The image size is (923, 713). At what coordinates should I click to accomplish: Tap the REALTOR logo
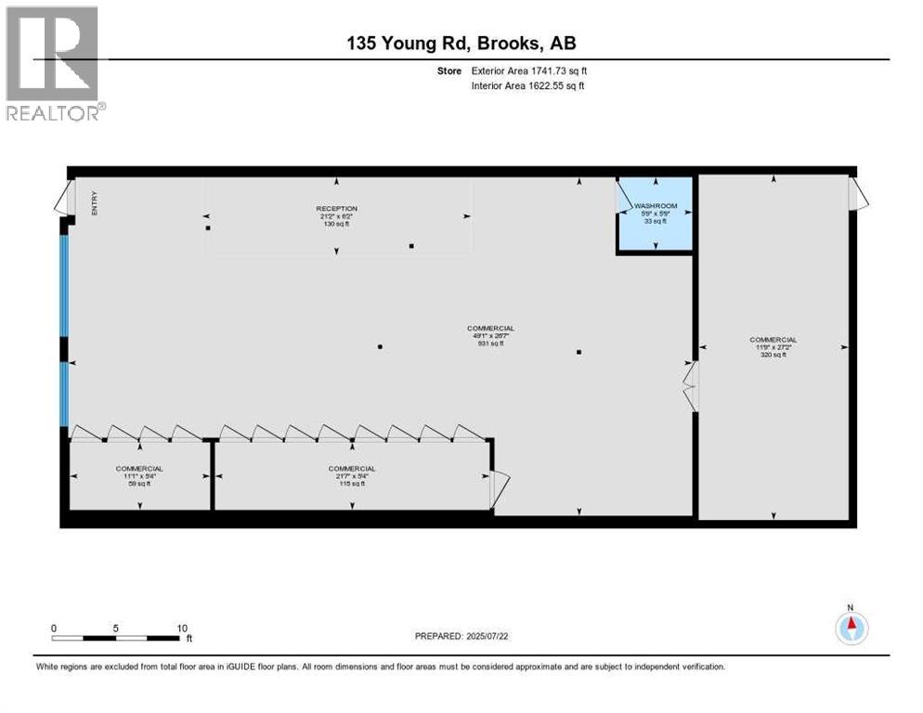pos(53,63)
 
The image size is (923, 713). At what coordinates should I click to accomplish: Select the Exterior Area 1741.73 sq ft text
pos(529,70)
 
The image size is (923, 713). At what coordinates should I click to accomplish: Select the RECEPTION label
pos(336,209)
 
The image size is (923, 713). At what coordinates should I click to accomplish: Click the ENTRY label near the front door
pos(94,204)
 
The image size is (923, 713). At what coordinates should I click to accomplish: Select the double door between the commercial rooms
pos(690,386)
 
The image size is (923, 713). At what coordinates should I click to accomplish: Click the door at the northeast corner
pos(859,192)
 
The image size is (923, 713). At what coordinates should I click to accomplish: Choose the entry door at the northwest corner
pos(63,196)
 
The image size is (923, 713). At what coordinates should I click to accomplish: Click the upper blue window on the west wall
pos(64,285)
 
